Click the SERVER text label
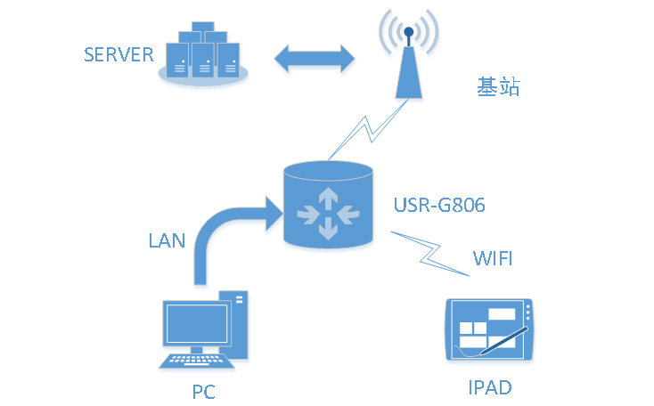(119, 54)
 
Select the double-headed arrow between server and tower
(314, 59)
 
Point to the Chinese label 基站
(497, 87)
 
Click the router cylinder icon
(327, 204)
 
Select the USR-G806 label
(439, 206)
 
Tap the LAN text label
(167, 241)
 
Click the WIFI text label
(493, 259)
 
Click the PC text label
(203, 391)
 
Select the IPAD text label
(490, 387)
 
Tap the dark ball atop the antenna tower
(408, 34)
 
